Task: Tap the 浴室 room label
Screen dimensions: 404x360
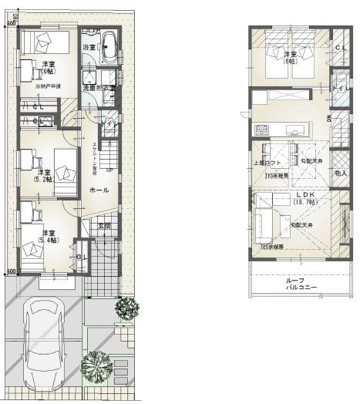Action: click(x=89, y=48)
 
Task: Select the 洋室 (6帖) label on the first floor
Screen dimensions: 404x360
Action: click(x=49, y=68)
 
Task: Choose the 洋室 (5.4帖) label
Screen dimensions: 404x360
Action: click(x=48, y=237)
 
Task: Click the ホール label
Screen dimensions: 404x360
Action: click(x=99, y=190)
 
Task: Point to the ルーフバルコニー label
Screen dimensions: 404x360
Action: click(x=297, y=284)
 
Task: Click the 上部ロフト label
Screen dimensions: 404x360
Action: click(x=264, y=163)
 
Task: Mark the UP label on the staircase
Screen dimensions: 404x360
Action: click(x=109, y=170)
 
